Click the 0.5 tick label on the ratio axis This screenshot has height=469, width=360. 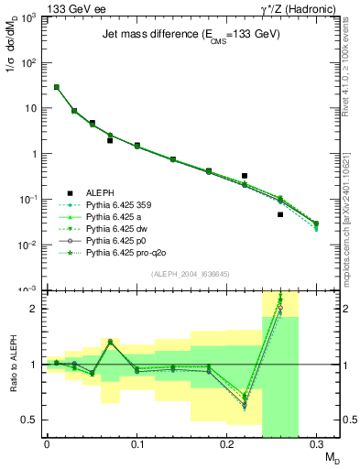pos(30,420)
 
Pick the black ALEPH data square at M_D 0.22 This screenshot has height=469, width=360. pos(245,175)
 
